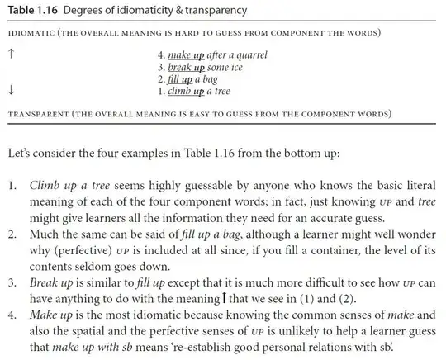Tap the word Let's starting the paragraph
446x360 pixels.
coord(22,154)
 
